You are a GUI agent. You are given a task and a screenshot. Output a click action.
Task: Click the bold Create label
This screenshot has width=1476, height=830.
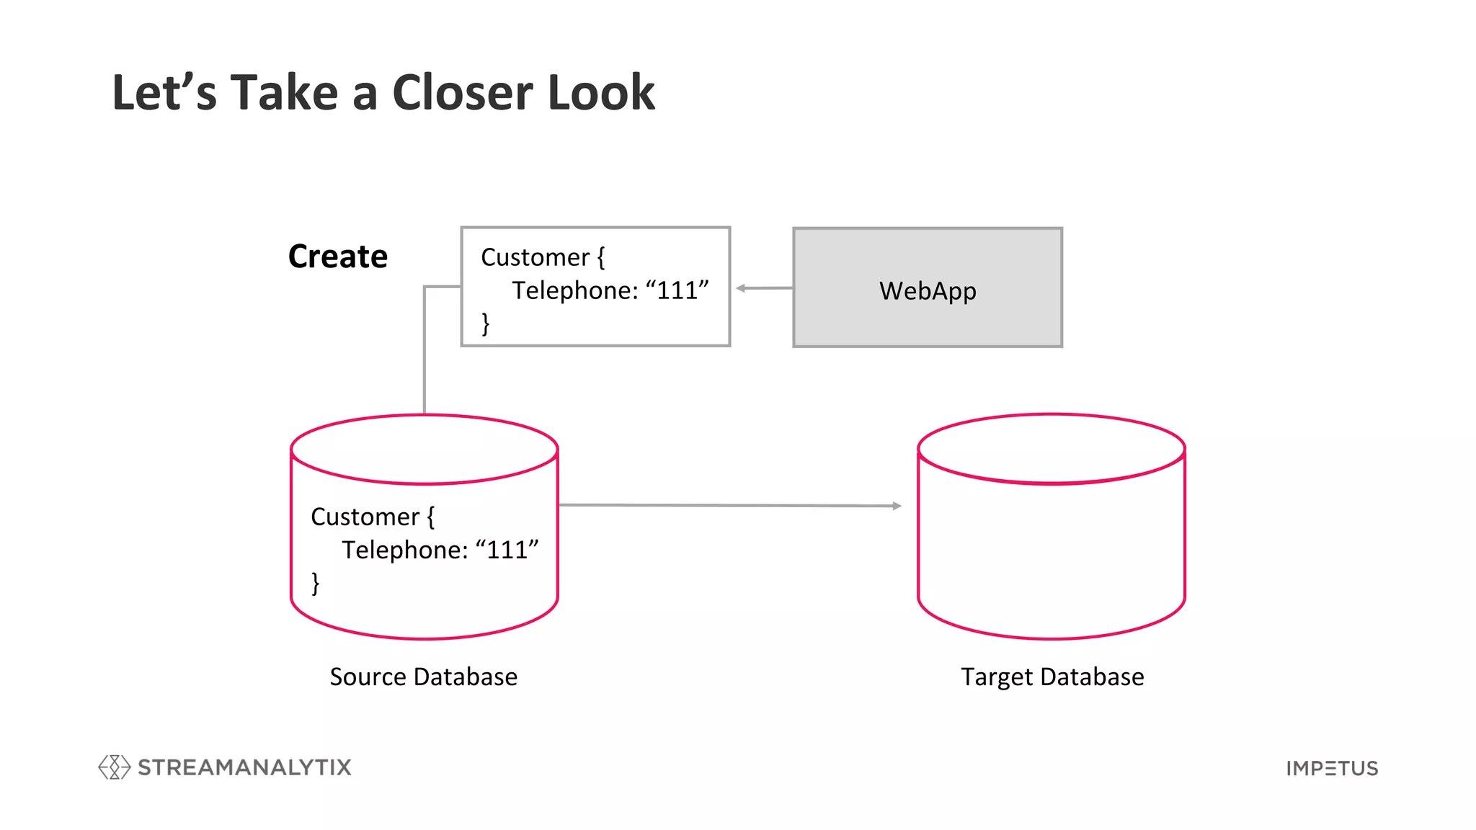[337, 256]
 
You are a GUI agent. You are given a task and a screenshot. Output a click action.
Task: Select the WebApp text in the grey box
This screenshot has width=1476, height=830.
[928, 290]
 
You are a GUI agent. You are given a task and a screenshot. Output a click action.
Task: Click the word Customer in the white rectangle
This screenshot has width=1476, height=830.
[535, 257]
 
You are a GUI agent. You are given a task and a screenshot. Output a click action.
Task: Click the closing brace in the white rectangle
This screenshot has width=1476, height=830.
[486, 323]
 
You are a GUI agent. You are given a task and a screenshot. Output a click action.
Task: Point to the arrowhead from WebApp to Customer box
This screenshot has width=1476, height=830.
[740, 288]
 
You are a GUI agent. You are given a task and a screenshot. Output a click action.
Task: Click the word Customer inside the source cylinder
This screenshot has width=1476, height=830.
[365, 517]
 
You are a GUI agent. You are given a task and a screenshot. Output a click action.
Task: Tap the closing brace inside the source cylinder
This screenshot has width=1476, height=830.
[316, 582]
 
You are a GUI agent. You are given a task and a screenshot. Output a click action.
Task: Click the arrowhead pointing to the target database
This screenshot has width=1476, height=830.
[897, 506]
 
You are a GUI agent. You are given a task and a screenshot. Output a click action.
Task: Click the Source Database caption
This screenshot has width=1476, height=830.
[423, 677]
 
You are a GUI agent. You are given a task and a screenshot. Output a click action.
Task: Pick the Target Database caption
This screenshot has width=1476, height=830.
[1052, 677]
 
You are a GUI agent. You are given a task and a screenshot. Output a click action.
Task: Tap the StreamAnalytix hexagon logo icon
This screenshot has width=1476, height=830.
[114, 767]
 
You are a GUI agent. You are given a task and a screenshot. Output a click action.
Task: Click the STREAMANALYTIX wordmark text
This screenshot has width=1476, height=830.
[244, 767]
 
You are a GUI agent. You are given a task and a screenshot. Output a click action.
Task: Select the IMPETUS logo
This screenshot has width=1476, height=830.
[1332, 768]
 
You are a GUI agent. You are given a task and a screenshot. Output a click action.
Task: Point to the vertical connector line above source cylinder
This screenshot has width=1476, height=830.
[424, 353]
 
